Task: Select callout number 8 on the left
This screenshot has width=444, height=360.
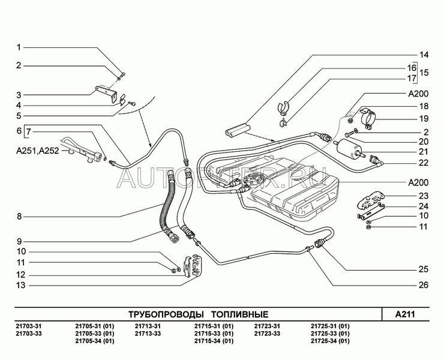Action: (19, 216)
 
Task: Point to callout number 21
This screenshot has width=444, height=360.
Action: (424, 152)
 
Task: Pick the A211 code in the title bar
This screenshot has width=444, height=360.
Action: (406, 314)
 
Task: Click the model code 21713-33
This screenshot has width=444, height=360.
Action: (147, 334)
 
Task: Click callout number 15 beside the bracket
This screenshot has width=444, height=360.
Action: (424, 73)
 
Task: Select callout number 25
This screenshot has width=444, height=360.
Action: (424, 268)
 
